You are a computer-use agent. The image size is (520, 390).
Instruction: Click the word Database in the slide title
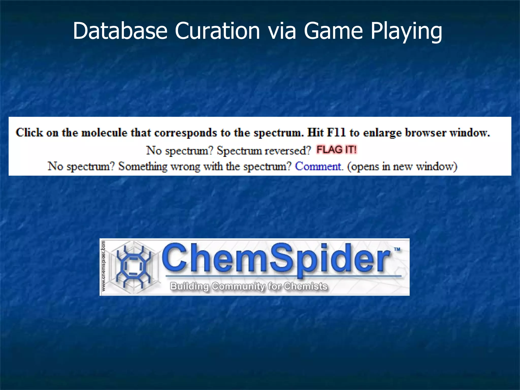120,31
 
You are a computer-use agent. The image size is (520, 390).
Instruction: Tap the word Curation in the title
217,31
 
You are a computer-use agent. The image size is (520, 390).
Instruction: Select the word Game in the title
333,31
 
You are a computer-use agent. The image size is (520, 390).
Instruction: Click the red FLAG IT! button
336,150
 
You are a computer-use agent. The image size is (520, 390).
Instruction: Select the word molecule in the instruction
104,133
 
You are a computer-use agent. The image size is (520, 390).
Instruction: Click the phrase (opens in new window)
402,166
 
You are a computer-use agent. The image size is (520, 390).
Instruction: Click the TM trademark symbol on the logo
397,249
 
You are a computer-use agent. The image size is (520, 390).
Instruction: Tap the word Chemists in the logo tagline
305,286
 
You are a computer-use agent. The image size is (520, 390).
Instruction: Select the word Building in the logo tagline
189,286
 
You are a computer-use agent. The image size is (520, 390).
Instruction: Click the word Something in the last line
143,166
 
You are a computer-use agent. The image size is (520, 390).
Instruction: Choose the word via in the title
282,31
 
